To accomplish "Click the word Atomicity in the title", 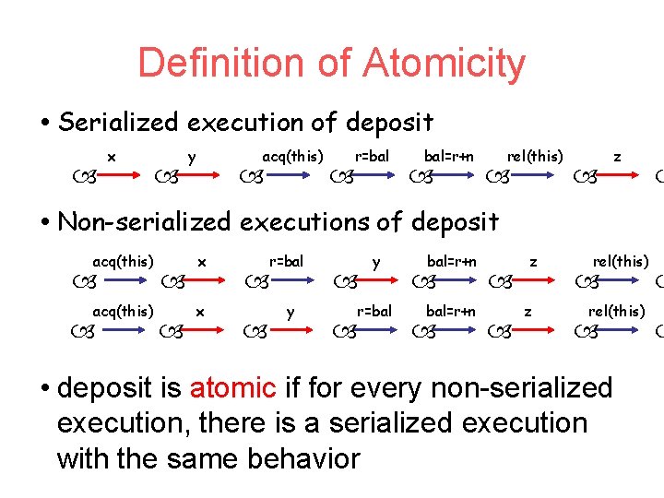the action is tap(444, 63).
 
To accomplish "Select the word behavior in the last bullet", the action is tap(300, 457).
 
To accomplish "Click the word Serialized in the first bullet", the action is tap(122, 122).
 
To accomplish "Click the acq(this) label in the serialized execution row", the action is tap(292, 156).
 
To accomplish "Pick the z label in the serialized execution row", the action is tap(617, 156).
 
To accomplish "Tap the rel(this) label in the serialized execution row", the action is tap(535, 156).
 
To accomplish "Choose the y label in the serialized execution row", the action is tap(191, 156).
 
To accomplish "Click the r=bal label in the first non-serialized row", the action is tap(286, 262).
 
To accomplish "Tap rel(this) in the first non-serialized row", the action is tap(621, 262).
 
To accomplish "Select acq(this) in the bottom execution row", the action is tap(123, 311).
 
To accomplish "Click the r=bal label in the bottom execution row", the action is tap(373, 311).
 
